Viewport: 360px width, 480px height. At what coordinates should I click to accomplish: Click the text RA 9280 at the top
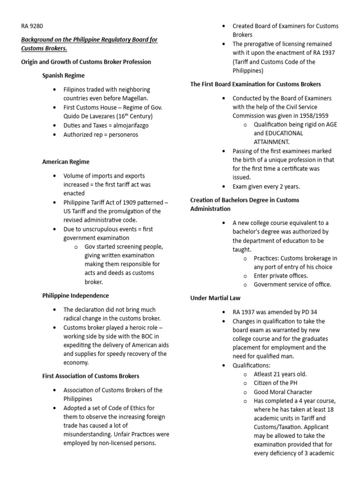click(x=32, y=26)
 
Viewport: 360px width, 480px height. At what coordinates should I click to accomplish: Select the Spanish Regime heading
click(x=63, y=75)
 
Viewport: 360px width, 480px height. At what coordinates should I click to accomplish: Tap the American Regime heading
click(x=66, y=162)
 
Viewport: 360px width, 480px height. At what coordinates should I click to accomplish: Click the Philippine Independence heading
click(x=75, y=296)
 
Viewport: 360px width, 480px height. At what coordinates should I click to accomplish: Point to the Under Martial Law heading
click(x=215, y=298)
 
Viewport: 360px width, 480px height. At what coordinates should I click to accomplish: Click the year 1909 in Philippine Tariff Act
click(x=115, y=202)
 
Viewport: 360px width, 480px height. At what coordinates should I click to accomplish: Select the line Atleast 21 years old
click(x=280, y=374)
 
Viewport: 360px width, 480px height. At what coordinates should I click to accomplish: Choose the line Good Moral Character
click(x=283, y=392)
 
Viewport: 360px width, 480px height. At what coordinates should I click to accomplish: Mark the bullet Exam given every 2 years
click(x=266, y=186)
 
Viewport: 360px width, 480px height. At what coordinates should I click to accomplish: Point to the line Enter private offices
click(x=281, y=276)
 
